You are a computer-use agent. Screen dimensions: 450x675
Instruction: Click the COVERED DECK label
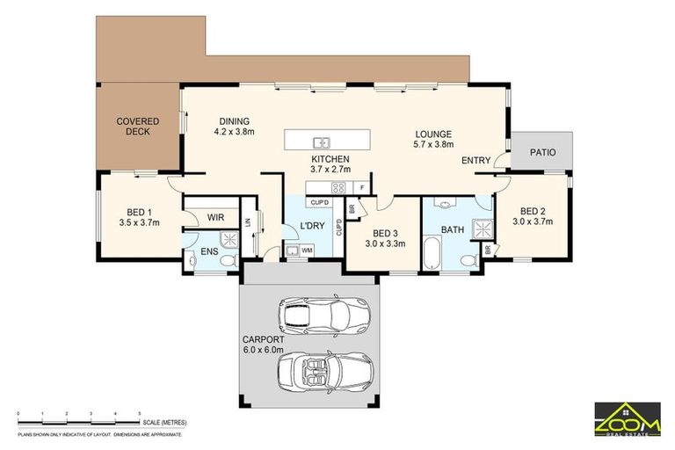coord(137,127)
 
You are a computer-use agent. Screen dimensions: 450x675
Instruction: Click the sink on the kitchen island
coord(323,141)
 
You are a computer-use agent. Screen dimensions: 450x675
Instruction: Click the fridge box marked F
coord(361,187)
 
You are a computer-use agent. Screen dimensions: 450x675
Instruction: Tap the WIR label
coord(216,217)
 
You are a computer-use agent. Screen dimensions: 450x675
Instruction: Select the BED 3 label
coord(385,231)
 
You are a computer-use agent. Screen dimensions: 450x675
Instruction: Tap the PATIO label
coord(542,152)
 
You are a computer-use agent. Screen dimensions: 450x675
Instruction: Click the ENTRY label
coord(475,161)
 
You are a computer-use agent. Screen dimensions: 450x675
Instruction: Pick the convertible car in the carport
coord(315,370)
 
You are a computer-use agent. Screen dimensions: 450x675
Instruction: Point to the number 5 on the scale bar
coord(140,413)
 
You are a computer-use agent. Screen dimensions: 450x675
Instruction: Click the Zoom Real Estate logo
coord(628,417)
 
